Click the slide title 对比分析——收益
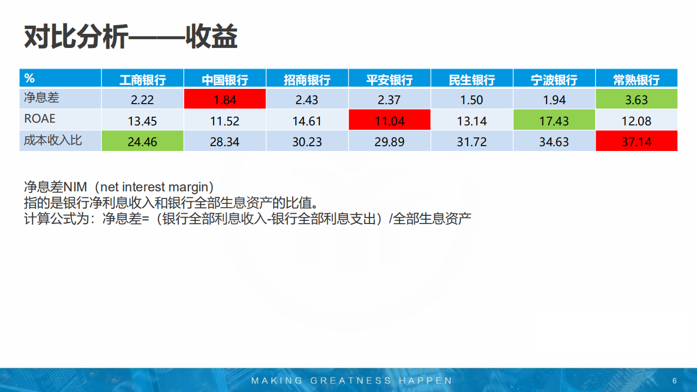(x=131, y=37)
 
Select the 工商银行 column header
(x=143, y=80)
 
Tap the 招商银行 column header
(x=307, y=80)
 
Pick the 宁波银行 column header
(x=554, y=80)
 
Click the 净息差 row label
(x=41, y=98)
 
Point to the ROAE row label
(x=40, y=119)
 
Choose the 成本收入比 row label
(x=52, y=140)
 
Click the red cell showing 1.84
(x=225, y=100)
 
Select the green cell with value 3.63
(x=636, y=100)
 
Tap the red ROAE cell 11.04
(x=390, y=120)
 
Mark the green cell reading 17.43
(x=554, y=120)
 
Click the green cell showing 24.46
(x=142, y=142)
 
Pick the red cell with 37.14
(x=636, y=142)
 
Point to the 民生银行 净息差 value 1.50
(x=471, y=100)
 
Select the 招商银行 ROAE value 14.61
(x=307, y=120)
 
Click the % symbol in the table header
(x=29, y=79)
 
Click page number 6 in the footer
(x=674, y=381)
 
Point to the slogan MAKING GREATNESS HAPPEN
(x=351, y=381)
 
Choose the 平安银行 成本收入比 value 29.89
(x=390, y=142)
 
